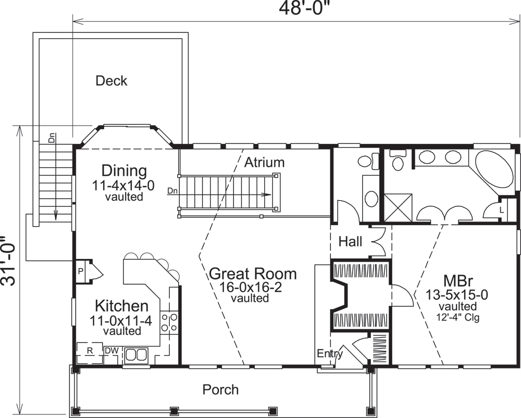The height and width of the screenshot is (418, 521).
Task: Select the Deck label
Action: (x=111, y=81)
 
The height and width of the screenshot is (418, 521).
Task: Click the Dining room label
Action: (x=124, y=170)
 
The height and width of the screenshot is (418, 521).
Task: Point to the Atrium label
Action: (x=265, y=162)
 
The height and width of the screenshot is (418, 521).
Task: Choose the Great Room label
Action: (x=253, y=274)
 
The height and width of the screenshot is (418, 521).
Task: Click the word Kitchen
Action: (x=121, y=306)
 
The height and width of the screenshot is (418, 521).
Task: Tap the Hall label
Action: (x=351, y=241)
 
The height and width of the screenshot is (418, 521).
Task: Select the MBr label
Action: (x=457, y=280)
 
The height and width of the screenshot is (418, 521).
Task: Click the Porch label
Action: (x=220, y=389)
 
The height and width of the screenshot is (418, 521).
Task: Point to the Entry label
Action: (x=330, y=354)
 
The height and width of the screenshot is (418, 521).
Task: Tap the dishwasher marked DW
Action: (x=111, y=351)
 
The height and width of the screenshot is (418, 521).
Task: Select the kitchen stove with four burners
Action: (x=169, y=322)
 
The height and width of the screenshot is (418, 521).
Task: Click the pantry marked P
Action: (x=81, y=271)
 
